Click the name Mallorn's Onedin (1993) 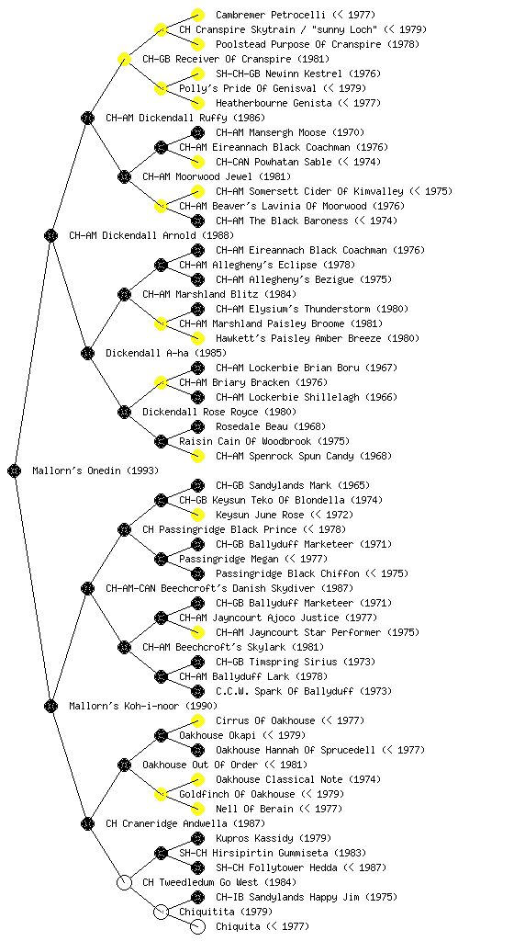95,470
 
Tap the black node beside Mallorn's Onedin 15,470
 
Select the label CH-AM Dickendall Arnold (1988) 151,235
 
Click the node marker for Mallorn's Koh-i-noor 50,706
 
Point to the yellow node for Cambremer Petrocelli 197,15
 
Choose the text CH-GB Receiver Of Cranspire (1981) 236,59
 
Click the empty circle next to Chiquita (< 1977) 197,926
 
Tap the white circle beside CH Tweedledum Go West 124,882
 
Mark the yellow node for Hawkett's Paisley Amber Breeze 197,338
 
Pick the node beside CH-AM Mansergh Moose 197,132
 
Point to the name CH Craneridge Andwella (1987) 185,823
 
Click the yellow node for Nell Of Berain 197,809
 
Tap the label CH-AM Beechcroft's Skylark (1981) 233,647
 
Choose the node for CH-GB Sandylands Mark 197,485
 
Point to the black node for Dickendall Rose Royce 124,412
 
